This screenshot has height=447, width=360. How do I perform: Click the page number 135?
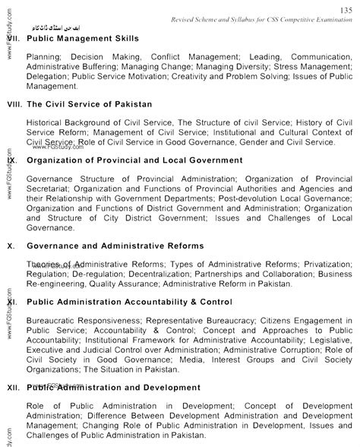pos(344,8)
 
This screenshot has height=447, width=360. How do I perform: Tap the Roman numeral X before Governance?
pos(10,246)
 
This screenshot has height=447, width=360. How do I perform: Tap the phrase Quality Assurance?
pos(114,284)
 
